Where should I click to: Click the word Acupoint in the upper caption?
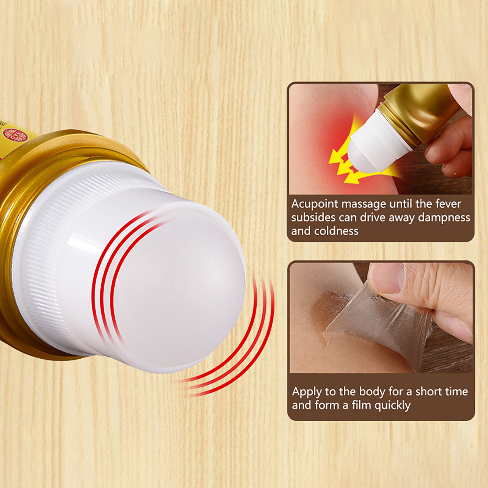[315, 204]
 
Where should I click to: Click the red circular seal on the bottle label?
[14, 135]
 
